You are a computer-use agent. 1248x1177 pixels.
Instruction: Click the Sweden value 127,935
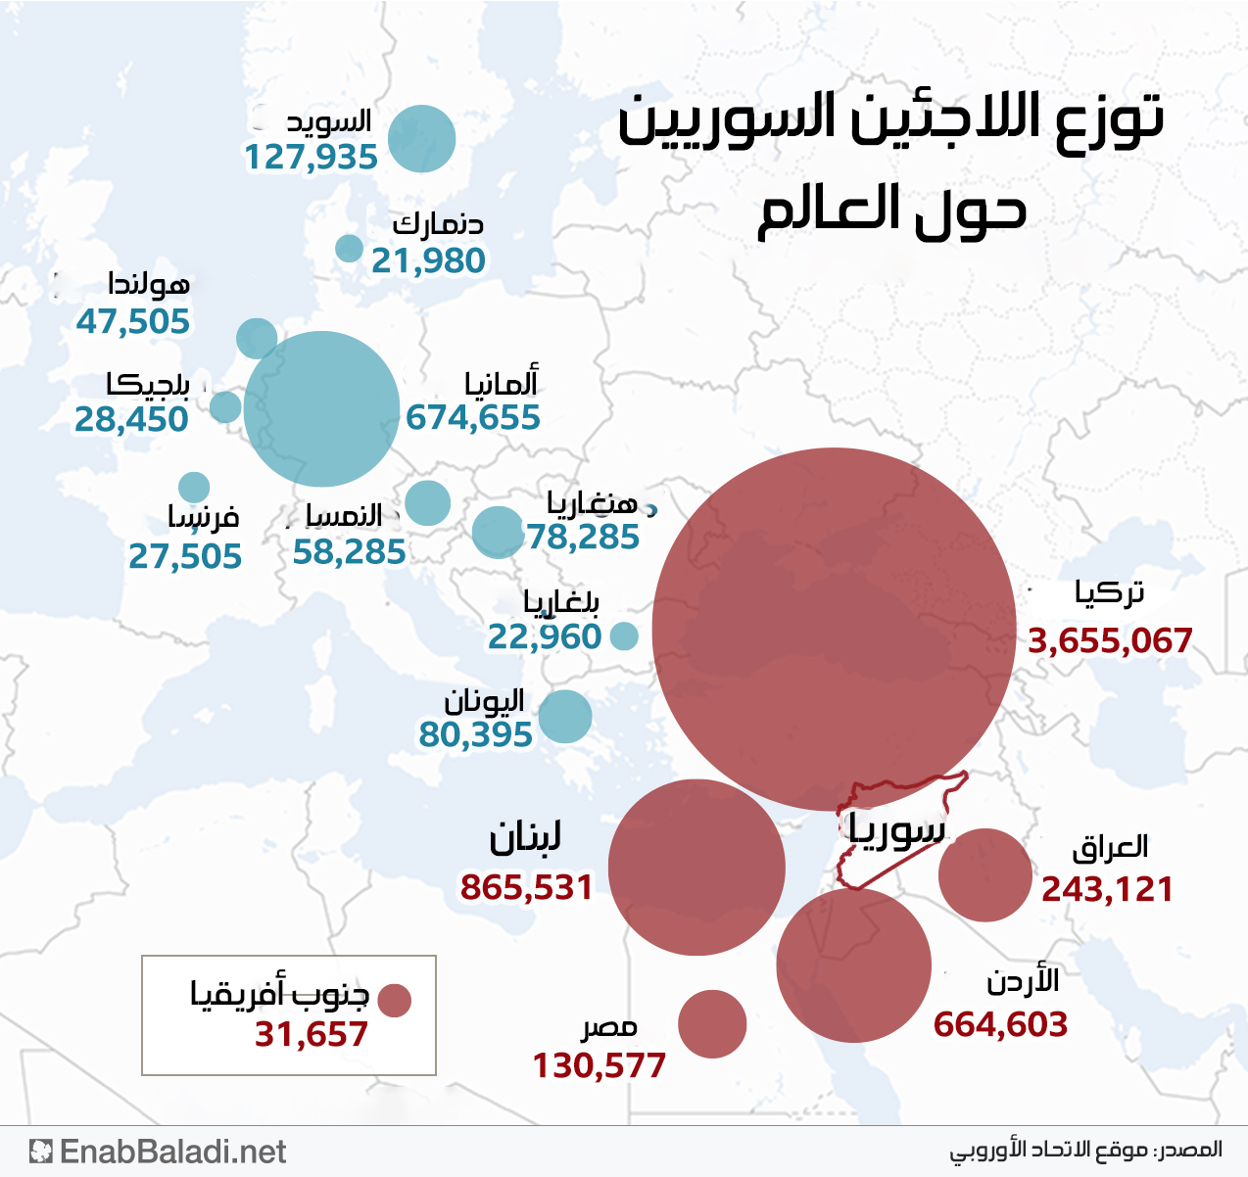point(311,157)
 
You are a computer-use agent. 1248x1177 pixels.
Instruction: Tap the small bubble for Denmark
point(349,248)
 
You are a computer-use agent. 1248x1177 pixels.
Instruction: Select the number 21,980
point(428,260)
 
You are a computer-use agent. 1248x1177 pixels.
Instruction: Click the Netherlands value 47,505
point(133,321)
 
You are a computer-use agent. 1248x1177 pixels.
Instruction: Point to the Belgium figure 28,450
point(131,419)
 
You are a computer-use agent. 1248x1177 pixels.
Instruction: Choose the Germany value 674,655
point(473,418)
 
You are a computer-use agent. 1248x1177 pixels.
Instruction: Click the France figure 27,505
point(185,556)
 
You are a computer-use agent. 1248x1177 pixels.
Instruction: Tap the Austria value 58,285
point(349,552)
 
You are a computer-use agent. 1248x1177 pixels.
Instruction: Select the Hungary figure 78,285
point(583,537)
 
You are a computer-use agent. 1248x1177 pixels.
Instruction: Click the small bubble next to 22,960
point(624,636)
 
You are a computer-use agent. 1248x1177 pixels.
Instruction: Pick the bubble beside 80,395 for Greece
point(564,716)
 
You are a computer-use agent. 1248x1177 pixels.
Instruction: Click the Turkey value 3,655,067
point(1110,641)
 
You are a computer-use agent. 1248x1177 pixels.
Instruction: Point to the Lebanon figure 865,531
point(527,887)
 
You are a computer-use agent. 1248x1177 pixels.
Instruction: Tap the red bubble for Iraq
point(984,874)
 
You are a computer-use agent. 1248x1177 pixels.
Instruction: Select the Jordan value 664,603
point(1000,1024)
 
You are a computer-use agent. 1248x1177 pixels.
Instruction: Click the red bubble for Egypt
point(712,1023)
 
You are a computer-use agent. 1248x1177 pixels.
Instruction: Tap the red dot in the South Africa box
point(394,1001)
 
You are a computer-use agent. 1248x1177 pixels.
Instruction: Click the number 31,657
point(312,1034)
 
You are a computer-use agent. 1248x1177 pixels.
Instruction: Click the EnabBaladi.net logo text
point(172,1152)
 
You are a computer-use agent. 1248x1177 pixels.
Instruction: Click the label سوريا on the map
point(896,828)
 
